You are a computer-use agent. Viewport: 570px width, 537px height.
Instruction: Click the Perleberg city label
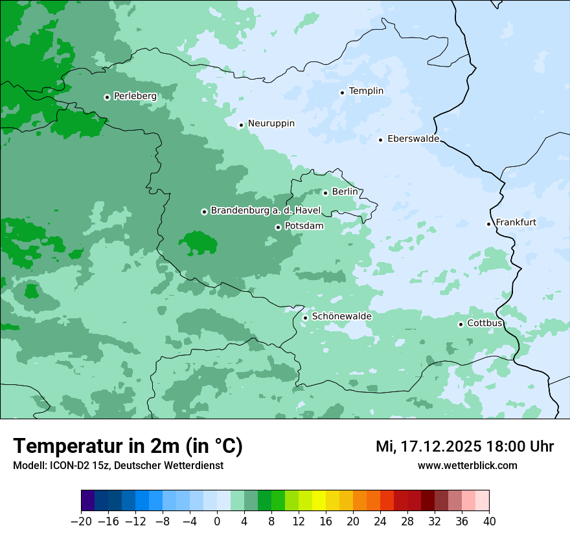[x=135, y=96]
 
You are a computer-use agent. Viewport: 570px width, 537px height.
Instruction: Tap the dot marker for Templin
[x=342, y=92]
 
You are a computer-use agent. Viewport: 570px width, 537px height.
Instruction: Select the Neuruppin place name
[x=271, y=124]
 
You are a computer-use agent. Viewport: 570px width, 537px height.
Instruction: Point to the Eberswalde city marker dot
[x=380, y=140]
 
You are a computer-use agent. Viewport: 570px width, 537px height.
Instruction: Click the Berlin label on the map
[x=345, y=192]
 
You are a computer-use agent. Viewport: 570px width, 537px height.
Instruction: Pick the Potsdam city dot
[x=278, y=227]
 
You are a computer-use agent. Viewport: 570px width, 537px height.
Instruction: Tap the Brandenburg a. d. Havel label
[x=266, y=211]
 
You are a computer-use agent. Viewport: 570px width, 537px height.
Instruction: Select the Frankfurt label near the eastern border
[x=516, y=223]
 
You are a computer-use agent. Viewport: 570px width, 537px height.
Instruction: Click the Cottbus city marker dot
[x=461, y=324]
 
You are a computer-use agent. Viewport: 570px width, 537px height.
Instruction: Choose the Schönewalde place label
[x=341, y=316]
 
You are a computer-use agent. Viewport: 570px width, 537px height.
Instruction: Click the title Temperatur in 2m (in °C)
[x=128, y=446]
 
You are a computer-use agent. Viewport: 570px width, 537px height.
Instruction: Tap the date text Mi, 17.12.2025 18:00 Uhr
[x=464, y=446]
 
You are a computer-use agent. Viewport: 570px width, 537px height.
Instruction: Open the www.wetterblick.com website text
[x=467, y=466]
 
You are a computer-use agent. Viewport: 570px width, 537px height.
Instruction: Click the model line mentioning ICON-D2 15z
[x=118, y=466]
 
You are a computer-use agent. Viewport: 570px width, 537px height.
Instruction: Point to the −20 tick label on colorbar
[x=82, y=521]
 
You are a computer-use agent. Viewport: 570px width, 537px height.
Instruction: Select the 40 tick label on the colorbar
[x=489, y=521]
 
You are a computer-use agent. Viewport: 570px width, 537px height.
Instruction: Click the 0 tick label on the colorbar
[x=217, y=521]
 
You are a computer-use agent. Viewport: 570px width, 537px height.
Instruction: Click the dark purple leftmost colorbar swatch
[x=88, y=501]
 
